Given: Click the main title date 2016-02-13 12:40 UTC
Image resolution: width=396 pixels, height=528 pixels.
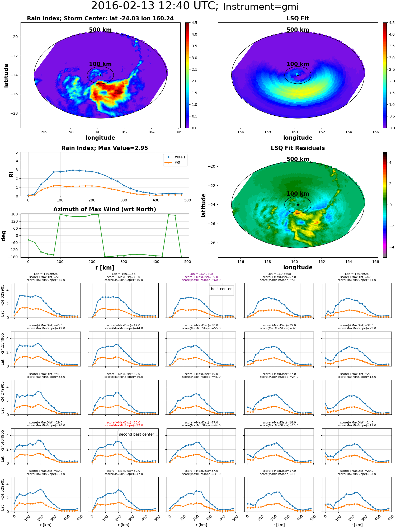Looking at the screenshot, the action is point(154,6).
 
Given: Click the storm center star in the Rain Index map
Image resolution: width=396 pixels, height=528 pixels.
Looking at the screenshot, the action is point(100,75).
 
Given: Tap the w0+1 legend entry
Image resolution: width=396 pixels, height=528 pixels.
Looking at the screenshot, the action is point(175,157).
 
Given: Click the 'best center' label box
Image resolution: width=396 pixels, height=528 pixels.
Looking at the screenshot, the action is point(221,289).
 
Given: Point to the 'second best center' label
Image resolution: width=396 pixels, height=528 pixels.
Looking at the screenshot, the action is point(136,434).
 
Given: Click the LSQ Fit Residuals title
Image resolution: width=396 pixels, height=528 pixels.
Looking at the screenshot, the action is point(298,148).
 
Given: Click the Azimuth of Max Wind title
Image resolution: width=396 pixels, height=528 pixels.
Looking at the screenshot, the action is point(105,209).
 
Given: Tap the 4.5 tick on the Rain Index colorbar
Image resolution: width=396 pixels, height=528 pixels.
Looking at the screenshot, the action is point(194,23).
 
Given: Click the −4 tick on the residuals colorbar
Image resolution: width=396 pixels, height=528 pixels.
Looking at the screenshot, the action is point(390,247).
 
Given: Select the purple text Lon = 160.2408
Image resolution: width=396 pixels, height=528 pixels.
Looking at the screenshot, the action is point(201,274).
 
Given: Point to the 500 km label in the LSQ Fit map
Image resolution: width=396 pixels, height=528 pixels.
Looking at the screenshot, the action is point(298,30).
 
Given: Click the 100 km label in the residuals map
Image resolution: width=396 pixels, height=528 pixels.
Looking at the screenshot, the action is point(298,194).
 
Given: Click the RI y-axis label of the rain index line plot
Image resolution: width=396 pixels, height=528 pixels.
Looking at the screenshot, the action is point(11,175).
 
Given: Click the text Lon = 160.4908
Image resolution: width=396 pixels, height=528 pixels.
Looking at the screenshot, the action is point(357,274).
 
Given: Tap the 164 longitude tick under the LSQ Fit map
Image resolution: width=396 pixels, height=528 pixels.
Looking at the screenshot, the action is point(348,132).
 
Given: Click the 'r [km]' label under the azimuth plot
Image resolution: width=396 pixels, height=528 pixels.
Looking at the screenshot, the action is point(105,268).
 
